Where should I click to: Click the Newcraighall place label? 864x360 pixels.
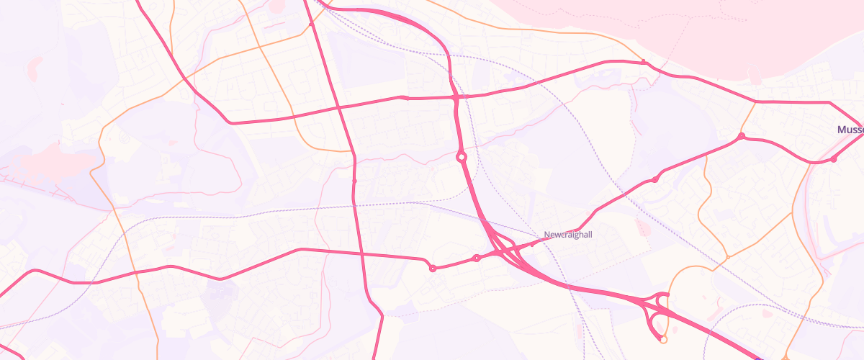pos(568,235)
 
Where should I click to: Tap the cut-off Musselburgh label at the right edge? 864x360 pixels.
pos(850,130)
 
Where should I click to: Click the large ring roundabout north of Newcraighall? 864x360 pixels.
pos(461,156)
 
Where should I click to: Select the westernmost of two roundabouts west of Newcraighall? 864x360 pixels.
pos(433,269)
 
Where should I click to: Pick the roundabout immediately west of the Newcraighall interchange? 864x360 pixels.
pos(476,258)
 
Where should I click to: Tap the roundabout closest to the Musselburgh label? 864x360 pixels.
pos(833,159)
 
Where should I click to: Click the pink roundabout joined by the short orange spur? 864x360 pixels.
pos(740,136)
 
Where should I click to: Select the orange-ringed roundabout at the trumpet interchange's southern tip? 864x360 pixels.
pos(664,339)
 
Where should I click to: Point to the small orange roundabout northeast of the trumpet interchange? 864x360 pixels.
pos(728,256)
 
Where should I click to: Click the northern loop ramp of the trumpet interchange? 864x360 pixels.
pos(661,298)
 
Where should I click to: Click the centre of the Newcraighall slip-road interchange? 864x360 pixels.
pos(504,249)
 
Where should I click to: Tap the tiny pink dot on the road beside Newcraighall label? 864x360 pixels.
pos(532,244)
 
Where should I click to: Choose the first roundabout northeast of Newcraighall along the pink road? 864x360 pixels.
pos(654,179)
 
